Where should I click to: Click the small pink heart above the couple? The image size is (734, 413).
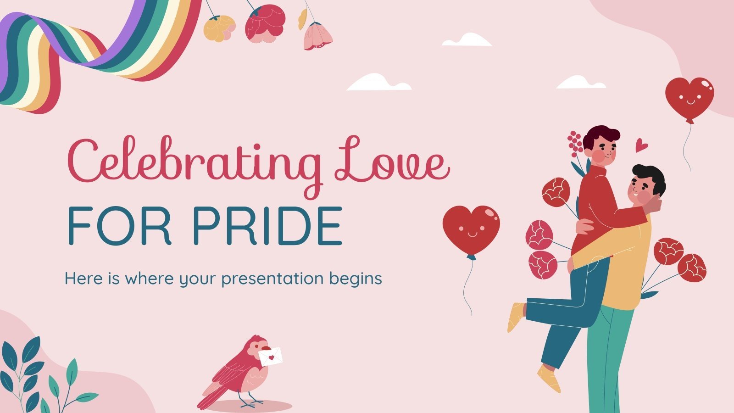coord(641,146)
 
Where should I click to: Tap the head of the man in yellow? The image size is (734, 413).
coord(647,184)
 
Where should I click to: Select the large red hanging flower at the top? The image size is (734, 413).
coord(265,23)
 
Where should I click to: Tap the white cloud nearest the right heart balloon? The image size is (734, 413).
coord(580,83)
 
